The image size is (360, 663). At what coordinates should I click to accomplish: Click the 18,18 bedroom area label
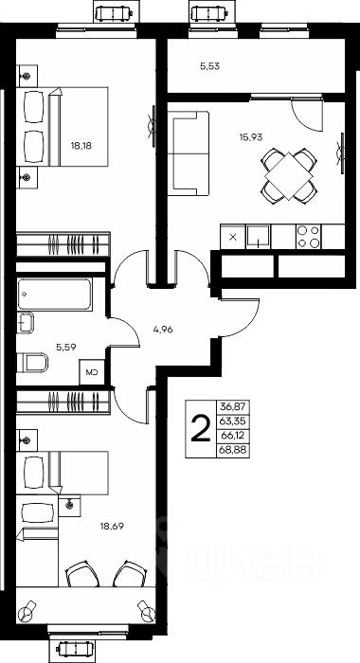81,146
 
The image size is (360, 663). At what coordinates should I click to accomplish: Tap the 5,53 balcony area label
209,65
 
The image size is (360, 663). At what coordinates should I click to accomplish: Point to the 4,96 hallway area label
162,330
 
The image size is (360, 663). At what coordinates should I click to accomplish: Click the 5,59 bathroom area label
66,348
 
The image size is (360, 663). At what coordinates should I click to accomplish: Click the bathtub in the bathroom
55,294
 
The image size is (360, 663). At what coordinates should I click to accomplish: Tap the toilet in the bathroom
32,363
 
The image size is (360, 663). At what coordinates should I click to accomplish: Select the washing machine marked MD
92,372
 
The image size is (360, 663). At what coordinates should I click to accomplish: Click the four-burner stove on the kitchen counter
309,237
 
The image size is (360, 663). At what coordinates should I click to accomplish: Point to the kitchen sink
258,237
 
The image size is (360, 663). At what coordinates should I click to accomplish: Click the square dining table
289,175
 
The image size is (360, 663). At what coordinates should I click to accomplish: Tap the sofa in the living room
189,153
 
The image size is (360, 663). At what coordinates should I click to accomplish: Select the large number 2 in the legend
201,428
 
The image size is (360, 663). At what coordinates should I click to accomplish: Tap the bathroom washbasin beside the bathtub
26,323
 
